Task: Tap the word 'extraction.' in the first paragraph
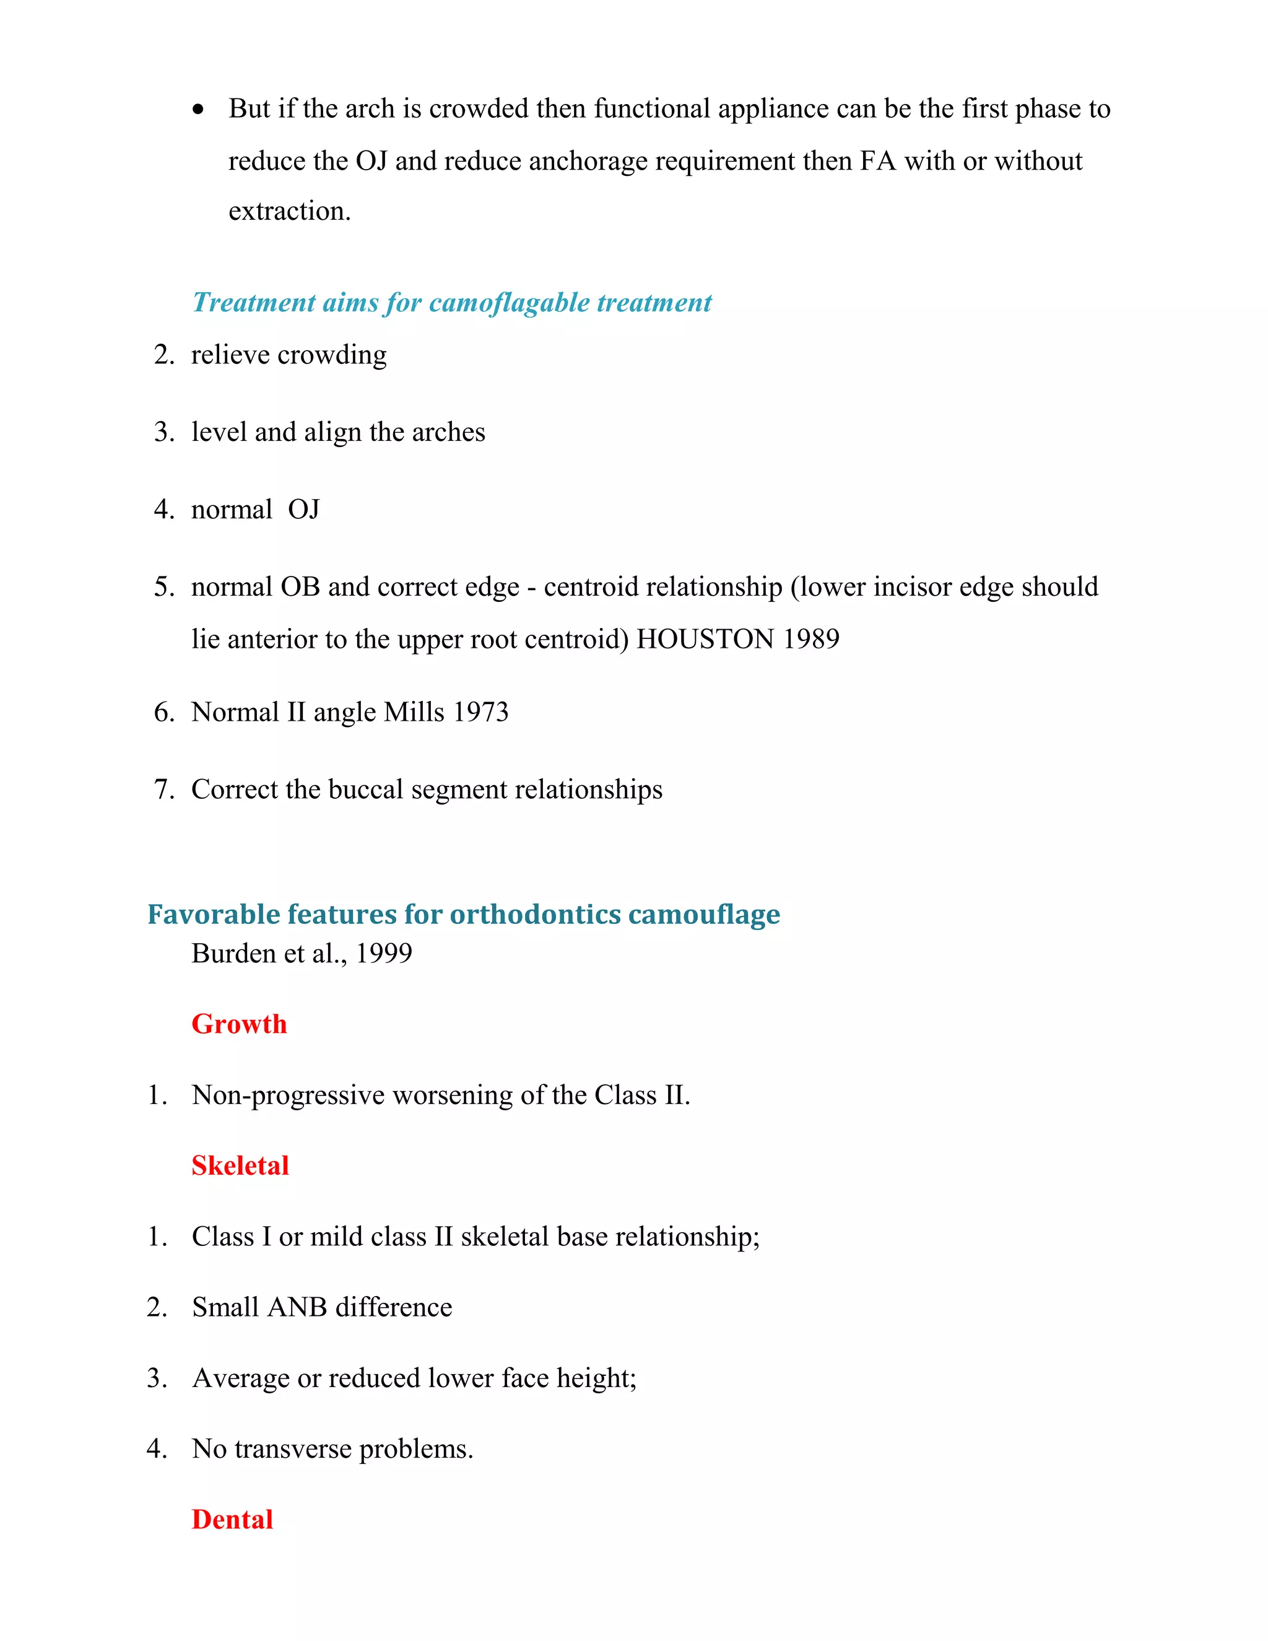(289, 211)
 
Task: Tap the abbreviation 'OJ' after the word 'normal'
(303, 510)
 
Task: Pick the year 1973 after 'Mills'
(480, 712)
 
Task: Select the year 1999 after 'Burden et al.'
(383, 954)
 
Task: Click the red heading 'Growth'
(239, 1024)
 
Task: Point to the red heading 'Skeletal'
(240, 1165)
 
